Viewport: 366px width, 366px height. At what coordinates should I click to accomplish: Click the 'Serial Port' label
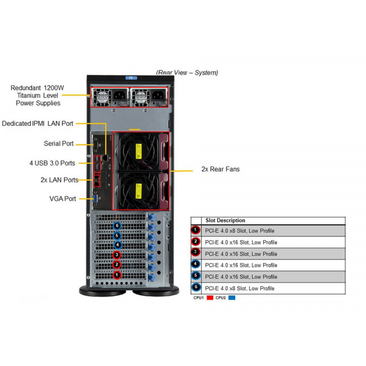click(59, 144)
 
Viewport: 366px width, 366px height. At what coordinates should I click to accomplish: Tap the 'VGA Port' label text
click(63, 199)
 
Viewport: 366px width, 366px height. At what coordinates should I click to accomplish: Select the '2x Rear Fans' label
click(221, 169)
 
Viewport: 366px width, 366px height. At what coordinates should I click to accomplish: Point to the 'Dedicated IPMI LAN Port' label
click(38, 124)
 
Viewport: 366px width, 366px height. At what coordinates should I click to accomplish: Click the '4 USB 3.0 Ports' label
click(52, 163)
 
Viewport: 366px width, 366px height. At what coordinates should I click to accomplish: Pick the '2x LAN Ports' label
click(59, 180)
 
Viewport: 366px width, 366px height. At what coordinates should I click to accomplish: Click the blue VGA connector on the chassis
click(96, 199)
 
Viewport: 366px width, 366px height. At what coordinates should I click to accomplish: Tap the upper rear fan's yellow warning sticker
click(139, 151)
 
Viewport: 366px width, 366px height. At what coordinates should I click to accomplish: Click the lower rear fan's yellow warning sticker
click(139, 191)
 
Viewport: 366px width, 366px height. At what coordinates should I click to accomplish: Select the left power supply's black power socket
click(120, 96)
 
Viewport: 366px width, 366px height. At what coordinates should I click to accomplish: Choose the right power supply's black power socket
click(158, 96)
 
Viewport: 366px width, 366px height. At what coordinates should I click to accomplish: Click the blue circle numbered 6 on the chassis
click(117, 226)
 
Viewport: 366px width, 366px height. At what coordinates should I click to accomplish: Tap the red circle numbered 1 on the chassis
click(117, 275)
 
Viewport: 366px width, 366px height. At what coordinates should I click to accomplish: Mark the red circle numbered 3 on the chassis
click(117, 255)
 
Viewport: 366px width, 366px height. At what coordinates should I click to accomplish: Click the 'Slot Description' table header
click(225, 221)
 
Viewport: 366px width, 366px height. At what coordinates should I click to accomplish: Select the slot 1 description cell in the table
click(273, 231)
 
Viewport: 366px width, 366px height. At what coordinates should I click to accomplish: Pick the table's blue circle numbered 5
click(196, 276)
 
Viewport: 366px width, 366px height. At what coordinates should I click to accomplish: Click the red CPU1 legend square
click(210, 298)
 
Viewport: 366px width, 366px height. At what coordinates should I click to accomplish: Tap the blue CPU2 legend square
click(232, 298)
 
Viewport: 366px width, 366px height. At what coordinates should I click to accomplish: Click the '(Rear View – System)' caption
click(187, 73)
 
